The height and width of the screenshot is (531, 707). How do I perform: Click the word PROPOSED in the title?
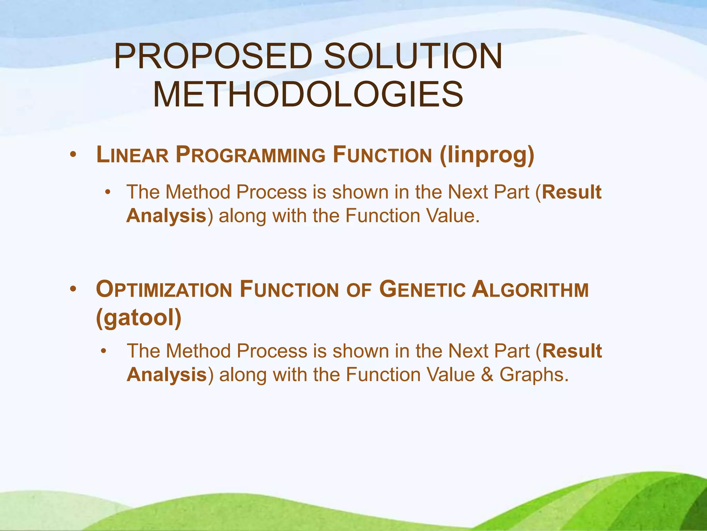(213, 56)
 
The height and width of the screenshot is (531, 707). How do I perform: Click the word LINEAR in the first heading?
(132, 155)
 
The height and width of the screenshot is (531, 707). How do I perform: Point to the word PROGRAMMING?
(250, 155)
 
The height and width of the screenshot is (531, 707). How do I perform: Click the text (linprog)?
(487, 155)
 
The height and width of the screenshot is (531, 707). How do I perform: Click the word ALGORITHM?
(530, 290)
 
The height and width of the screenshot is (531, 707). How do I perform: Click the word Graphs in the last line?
(534, 374)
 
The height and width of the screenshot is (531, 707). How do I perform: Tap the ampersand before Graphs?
(487, 374)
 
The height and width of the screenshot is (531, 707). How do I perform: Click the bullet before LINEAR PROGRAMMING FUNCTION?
(72, 155)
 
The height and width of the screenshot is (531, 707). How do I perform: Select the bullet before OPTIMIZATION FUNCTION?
(72, 289)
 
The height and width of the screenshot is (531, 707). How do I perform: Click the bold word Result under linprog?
(572, 192)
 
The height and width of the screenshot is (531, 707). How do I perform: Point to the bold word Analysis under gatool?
(167, 375)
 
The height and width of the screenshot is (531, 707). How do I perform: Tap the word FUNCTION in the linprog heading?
(382, 155)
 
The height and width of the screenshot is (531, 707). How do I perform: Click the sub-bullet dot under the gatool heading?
(103, 351)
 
